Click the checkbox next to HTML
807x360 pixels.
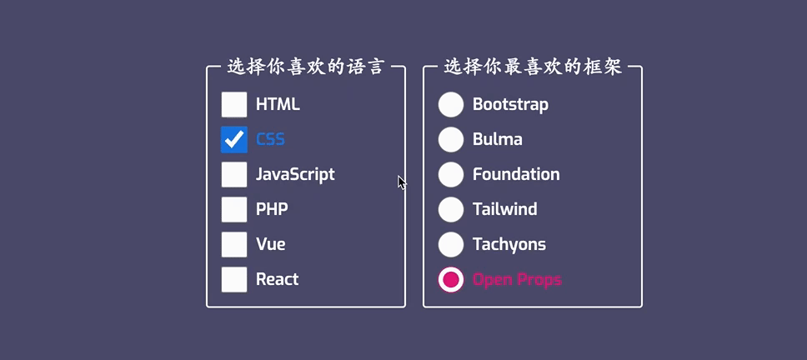point(234,104)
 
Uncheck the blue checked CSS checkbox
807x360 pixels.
point(234,139)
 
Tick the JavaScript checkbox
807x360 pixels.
point(234,174)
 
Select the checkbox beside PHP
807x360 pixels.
point(234,209)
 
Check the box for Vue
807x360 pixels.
point(234,244)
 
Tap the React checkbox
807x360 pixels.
point(234,279)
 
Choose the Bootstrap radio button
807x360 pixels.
point(451,104)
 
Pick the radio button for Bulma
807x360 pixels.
point(451,139)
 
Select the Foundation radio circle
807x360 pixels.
point(451,174)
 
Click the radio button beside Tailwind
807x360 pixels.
point(451,209)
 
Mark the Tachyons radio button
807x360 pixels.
point(451,244)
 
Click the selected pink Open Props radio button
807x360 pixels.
point(451,279)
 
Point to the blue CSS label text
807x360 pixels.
point(270,139)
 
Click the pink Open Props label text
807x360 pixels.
point(517,280)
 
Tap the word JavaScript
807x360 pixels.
point(295,175)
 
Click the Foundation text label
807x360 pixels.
point(516,174)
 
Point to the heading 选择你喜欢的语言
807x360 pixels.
point(306,67)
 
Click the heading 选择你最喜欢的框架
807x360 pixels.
point(533,67)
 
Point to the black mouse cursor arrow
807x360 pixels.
point(402,182)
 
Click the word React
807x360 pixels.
point(278,279)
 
